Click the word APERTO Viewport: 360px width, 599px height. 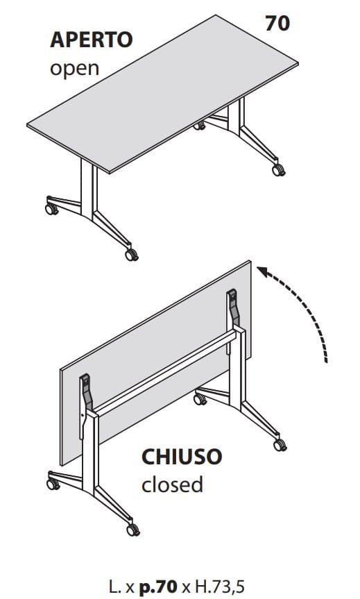(91, 40)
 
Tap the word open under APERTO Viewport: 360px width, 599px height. (74, 68)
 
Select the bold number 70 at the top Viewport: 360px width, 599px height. (277, 23)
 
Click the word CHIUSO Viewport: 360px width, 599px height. (182, 457)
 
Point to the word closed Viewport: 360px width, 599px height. (172, 484)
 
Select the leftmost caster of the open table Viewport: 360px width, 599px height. (51, 206)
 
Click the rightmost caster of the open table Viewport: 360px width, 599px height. (278, 169)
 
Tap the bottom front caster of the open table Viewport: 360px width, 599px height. (131, 255)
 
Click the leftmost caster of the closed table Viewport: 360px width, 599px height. (52, 480)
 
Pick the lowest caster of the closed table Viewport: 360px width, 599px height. (131, 530)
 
